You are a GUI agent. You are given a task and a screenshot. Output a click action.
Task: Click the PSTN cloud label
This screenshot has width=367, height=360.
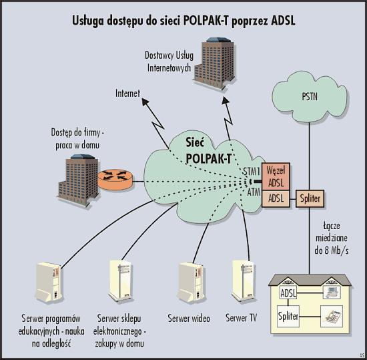coord(310,97)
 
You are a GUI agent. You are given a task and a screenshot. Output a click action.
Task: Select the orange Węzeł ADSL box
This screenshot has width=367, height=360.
coord(276,176)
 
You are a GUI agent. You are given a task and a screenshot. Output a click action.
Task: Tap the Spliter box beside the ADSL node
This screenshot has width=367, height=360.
coord(310,198)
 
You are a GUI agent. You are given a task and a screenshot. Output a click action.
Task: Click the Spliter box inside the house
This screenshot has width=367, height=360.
coord(288,316)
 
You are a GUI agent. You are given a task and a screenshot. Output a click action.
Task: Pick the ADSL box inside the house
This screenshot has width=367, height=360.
coord(288,293)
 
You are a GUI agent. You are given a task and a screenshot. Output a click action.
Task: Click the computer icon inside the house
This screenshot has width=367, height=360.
coord(332,293)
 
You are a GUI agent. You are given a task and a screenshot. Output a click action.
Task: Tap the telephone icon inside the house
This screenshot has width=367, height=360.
coord(332,316)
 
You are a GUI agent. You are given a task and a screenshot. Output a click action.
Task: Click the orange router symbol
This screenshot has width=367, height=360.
coord(115,179)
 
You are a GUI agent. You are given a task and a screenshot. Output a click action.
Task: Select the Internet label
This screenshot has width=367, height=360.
coord(127,94)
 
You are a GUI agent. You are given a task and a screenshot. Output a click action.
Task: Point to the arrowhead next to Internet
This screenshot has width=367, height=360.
coord(145,102)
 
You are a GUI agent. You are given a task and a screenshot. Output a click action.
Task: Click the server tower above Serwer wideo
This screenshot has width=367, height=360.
coord(191,283)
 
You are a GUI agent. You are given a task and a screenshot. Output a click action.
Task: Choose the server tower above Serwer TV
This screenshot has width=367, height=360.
coord(243,281)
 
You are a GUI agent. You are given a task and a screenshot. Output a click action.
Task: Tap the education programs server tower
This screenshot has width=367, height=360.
coord(49,283)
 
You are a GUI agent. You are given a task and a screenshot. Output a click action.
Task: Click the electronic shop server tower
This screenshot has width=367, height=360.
coord(120,281)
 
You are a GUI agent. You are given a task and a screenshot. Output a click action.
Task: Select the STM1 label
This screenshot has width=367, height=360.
coord(252,172)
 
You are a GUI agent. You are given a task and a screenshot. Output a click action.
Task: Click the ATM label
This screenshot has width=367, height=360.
coord(254,192)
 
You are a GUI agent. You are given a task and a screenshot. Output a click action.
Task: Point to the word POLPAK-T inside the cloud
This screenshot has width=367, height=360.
coord(209,158)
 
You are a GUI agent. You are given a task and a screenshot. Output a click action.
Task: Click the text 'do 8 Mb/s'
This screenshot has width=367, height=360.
coord(332,251)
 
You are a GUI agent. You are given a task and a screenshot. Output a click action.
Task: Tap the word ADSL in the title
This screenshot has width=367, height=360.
coord(283,21)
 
